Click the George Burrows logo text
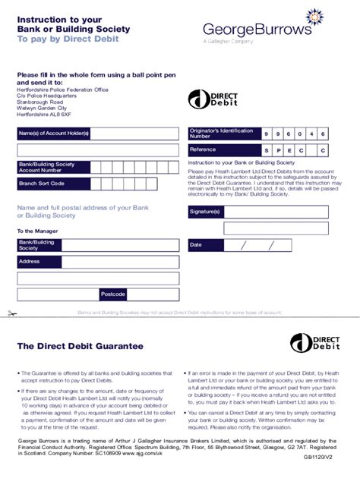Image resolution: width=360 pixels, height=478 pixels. pyautogui.click(x=257, y=29)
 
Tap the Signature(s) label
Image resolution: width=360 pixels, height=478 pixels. pyautogui.click(x=204, y=211)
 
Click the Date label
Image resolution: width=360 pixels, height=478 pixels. pyautogui.click(x=197, y=245)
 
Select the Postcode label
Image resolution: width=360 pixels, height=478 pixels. pyautogui.click(x=112, y=294)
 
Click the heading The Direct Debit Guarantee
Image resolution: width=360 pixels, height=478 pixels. pyautogui.click(x=80, y=345)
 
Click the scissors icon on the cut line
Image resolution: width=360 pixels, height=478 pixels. pyautogui.click(x=11, y=313)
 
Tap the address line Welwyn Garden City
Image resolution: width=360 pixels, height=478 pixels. pyautogui.click(x=43, y=108)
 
